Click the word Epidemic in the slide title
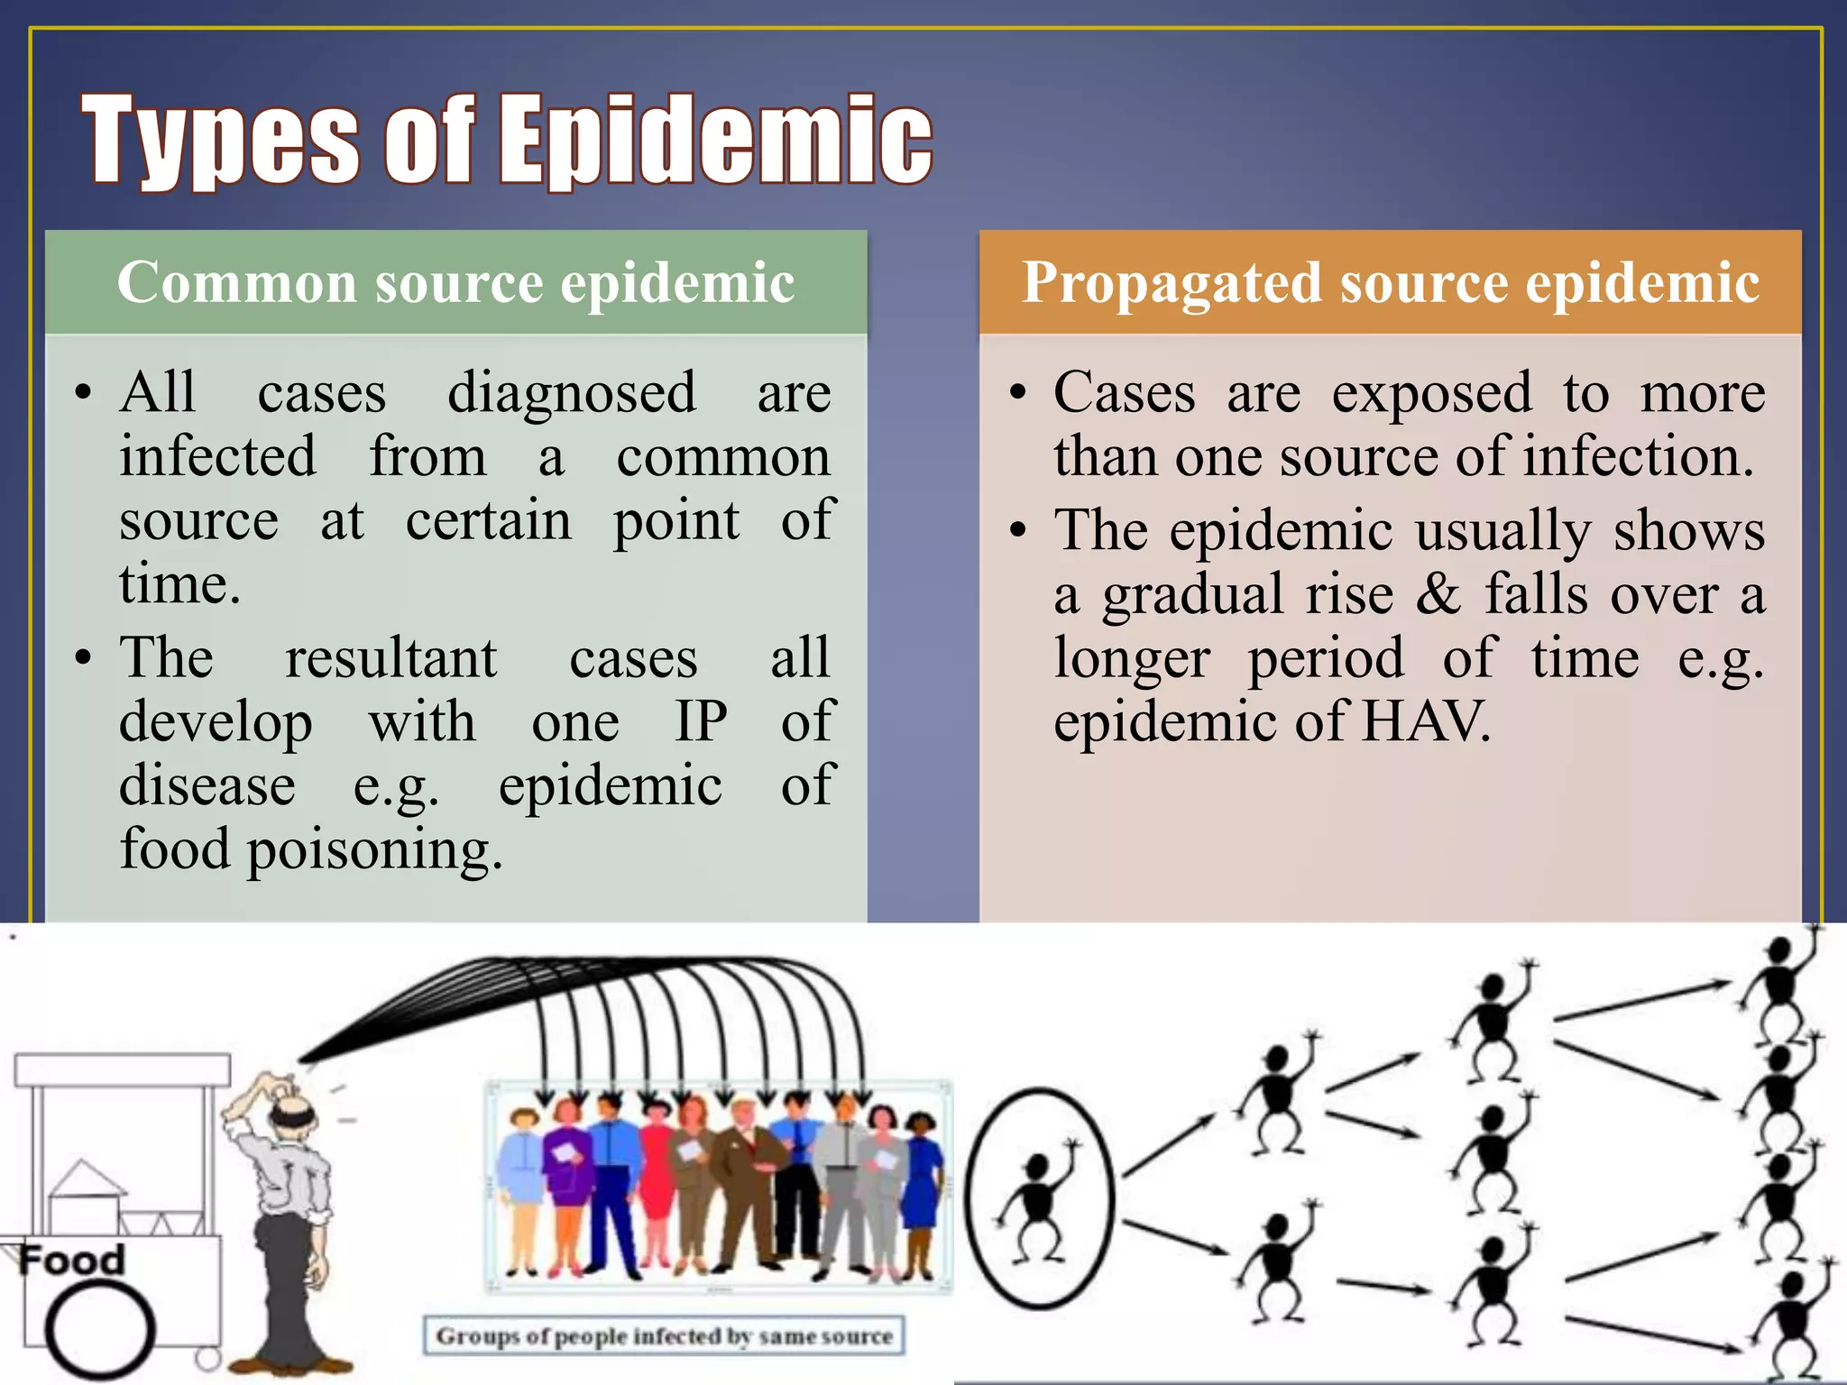point(717,140)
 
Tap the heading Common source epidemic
point(455,282)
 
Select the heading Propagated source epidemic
point(1390,282)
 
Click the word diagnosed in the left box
point(572,393)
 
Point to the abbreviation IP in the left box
point(701,721)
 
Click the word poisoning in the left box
point(373,850)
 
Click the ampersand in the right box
point(1438,594)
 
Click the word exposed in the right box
point(1431,393)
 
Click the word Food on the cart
point(72,1260)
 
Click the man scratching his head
point(289,1217)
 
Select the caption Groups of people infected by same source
point(664,1335)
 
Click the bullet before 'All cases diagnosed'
point(84,394)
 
